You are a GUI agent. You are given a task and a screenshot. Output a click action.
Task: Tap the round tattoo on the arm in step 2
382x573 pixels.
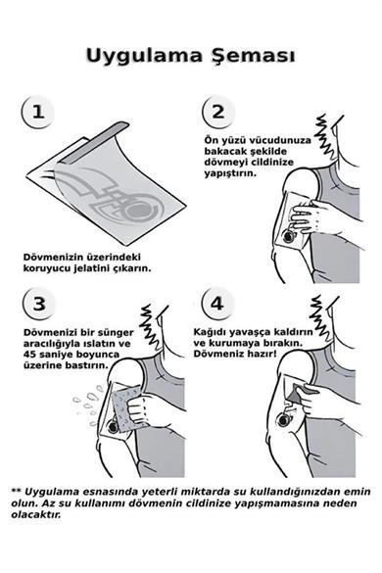coord(292,236)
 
